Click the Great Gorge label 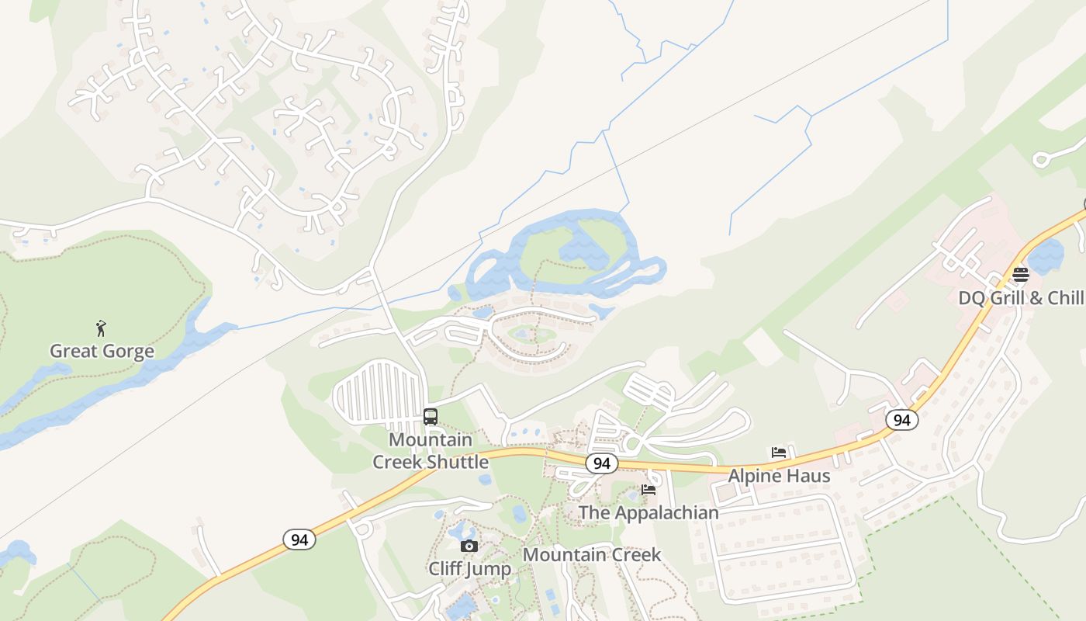(102, 352)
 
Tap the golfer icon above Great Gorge (100, 328)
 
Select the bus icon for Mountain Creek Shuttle (431, 417)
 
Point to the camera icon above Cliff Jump (469, 546)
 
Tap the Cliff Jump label (469, 569)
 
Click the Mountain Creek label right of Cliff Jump (592, 555)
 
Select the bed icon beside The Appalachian (648, 490)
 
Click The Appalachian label (648, 513)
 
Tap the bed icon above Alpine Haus (779, 453)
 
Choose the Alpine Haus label (779, 476)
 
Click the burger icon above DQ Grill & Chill (1020, 274)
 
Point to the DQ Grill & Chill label (1021, 298)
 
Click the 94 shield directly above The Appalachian (601, 464)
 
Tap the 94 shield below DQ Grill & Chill (901, 421)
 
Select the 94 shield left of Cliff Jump (299, 539)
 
